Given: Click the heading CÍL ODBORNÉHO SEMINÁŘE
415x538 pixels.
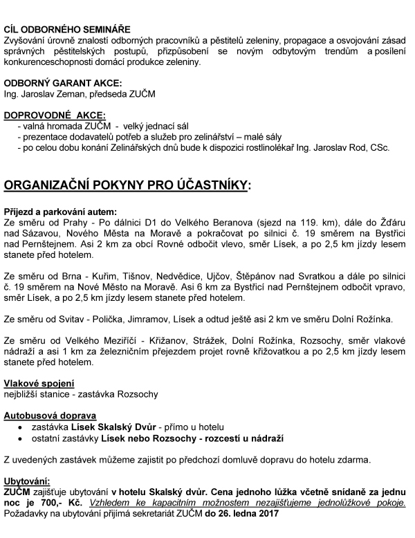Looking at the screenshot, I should pyautogui.click(x=67, y=30).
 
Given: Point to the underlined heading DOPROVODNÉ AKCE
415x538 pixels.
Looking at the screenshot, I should pyautogui.click(x=55, y=114).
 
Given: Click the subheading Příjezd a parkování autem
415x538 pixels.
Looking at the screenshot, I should pyautogui.click(x=60, y=211).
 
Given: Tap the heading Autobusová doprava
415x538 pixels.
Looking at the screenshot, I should pyautogui.click(x=49, y=416).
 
